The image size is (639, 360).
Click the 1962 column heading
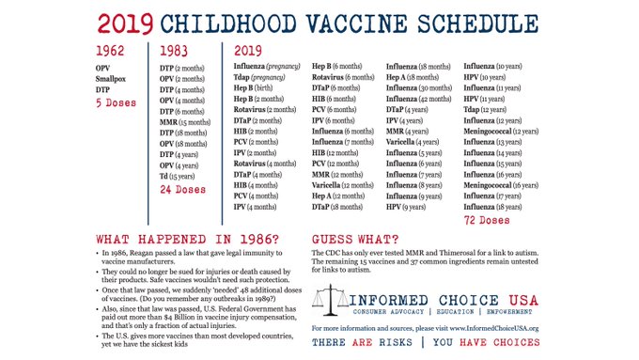click(112, 52)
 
